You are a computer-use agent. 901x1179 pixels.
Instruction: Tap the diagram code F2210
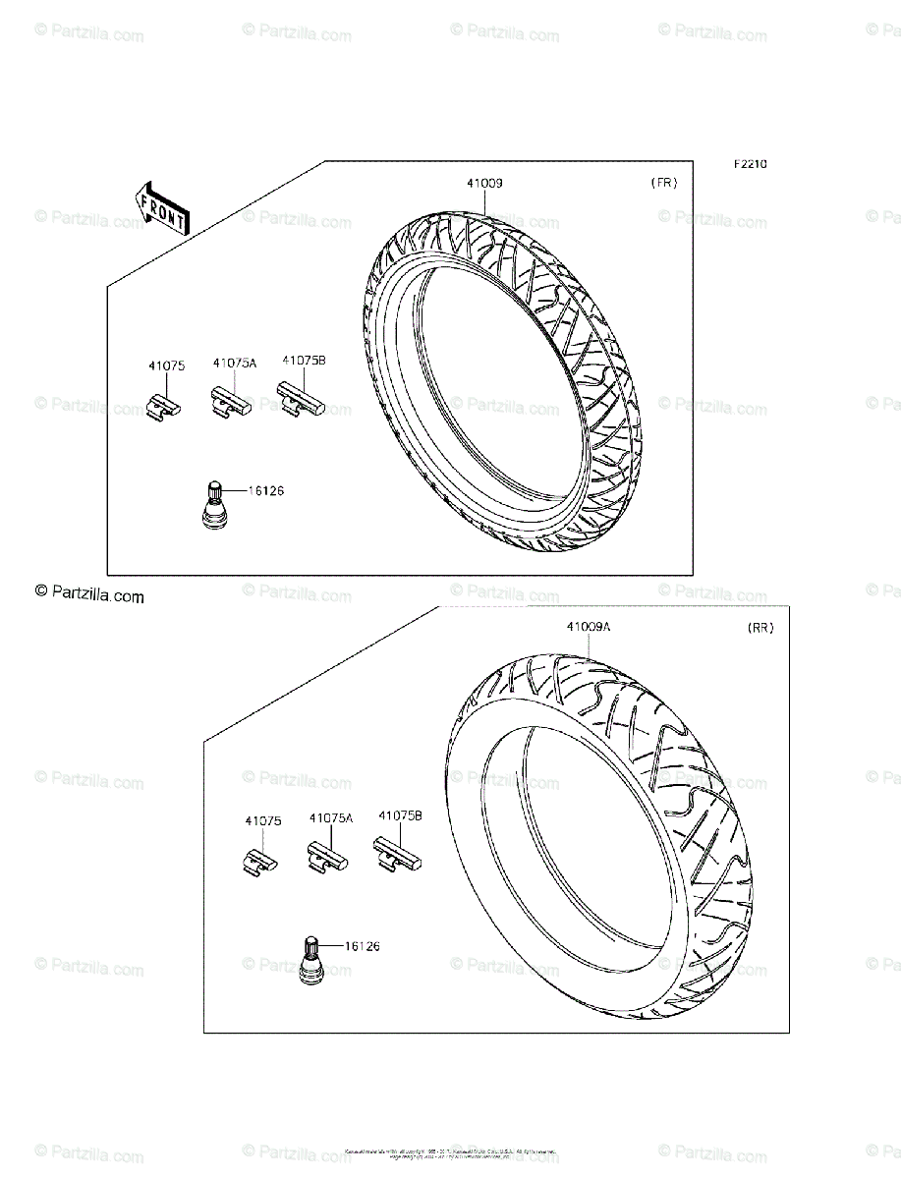tap(748, 164)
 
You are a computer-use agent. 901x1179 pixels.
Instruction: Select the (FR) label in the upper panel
tap(664, 183)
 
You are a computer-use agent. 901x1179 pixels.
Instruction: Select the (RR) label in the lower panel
tap(760, 628)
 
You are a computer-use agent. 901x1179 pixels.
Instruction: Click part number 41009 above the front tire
tap(485, 183)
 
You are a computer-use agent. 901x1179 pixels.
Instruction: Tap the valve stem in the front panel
tap(213, 507)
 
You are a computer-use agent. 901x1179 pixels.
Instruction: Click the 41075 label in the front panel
tap(166, 365)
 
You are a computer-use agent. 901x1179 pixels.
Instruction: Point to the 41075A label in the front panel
tap(234, 364)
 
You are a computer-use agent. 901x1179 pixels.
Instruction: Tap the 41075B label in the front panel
tap(303, 361)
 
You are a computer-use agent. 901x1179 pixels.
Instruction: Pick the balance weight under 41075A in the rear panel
tap(328, 854)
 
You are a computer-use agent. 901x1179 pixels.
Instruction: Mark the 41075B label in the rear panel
tap(400, 815)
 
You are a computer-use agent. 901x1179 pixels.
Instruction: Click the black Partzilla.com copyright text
tap(89, 594)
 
